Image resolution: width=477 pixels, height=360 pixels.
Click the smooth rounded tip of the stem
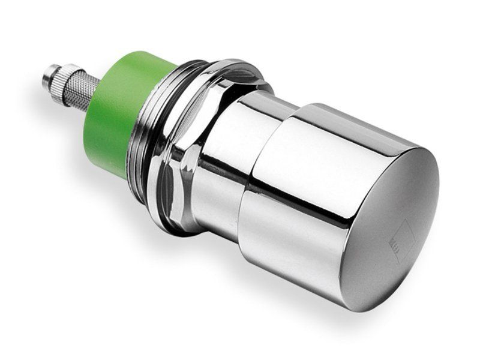tap(46, 77)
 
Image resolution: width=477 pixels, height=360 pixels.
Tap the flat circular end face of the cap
tap(390, 228)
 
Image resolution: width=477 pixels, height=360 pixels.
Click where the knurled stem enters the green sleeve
tap(99, 96)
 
